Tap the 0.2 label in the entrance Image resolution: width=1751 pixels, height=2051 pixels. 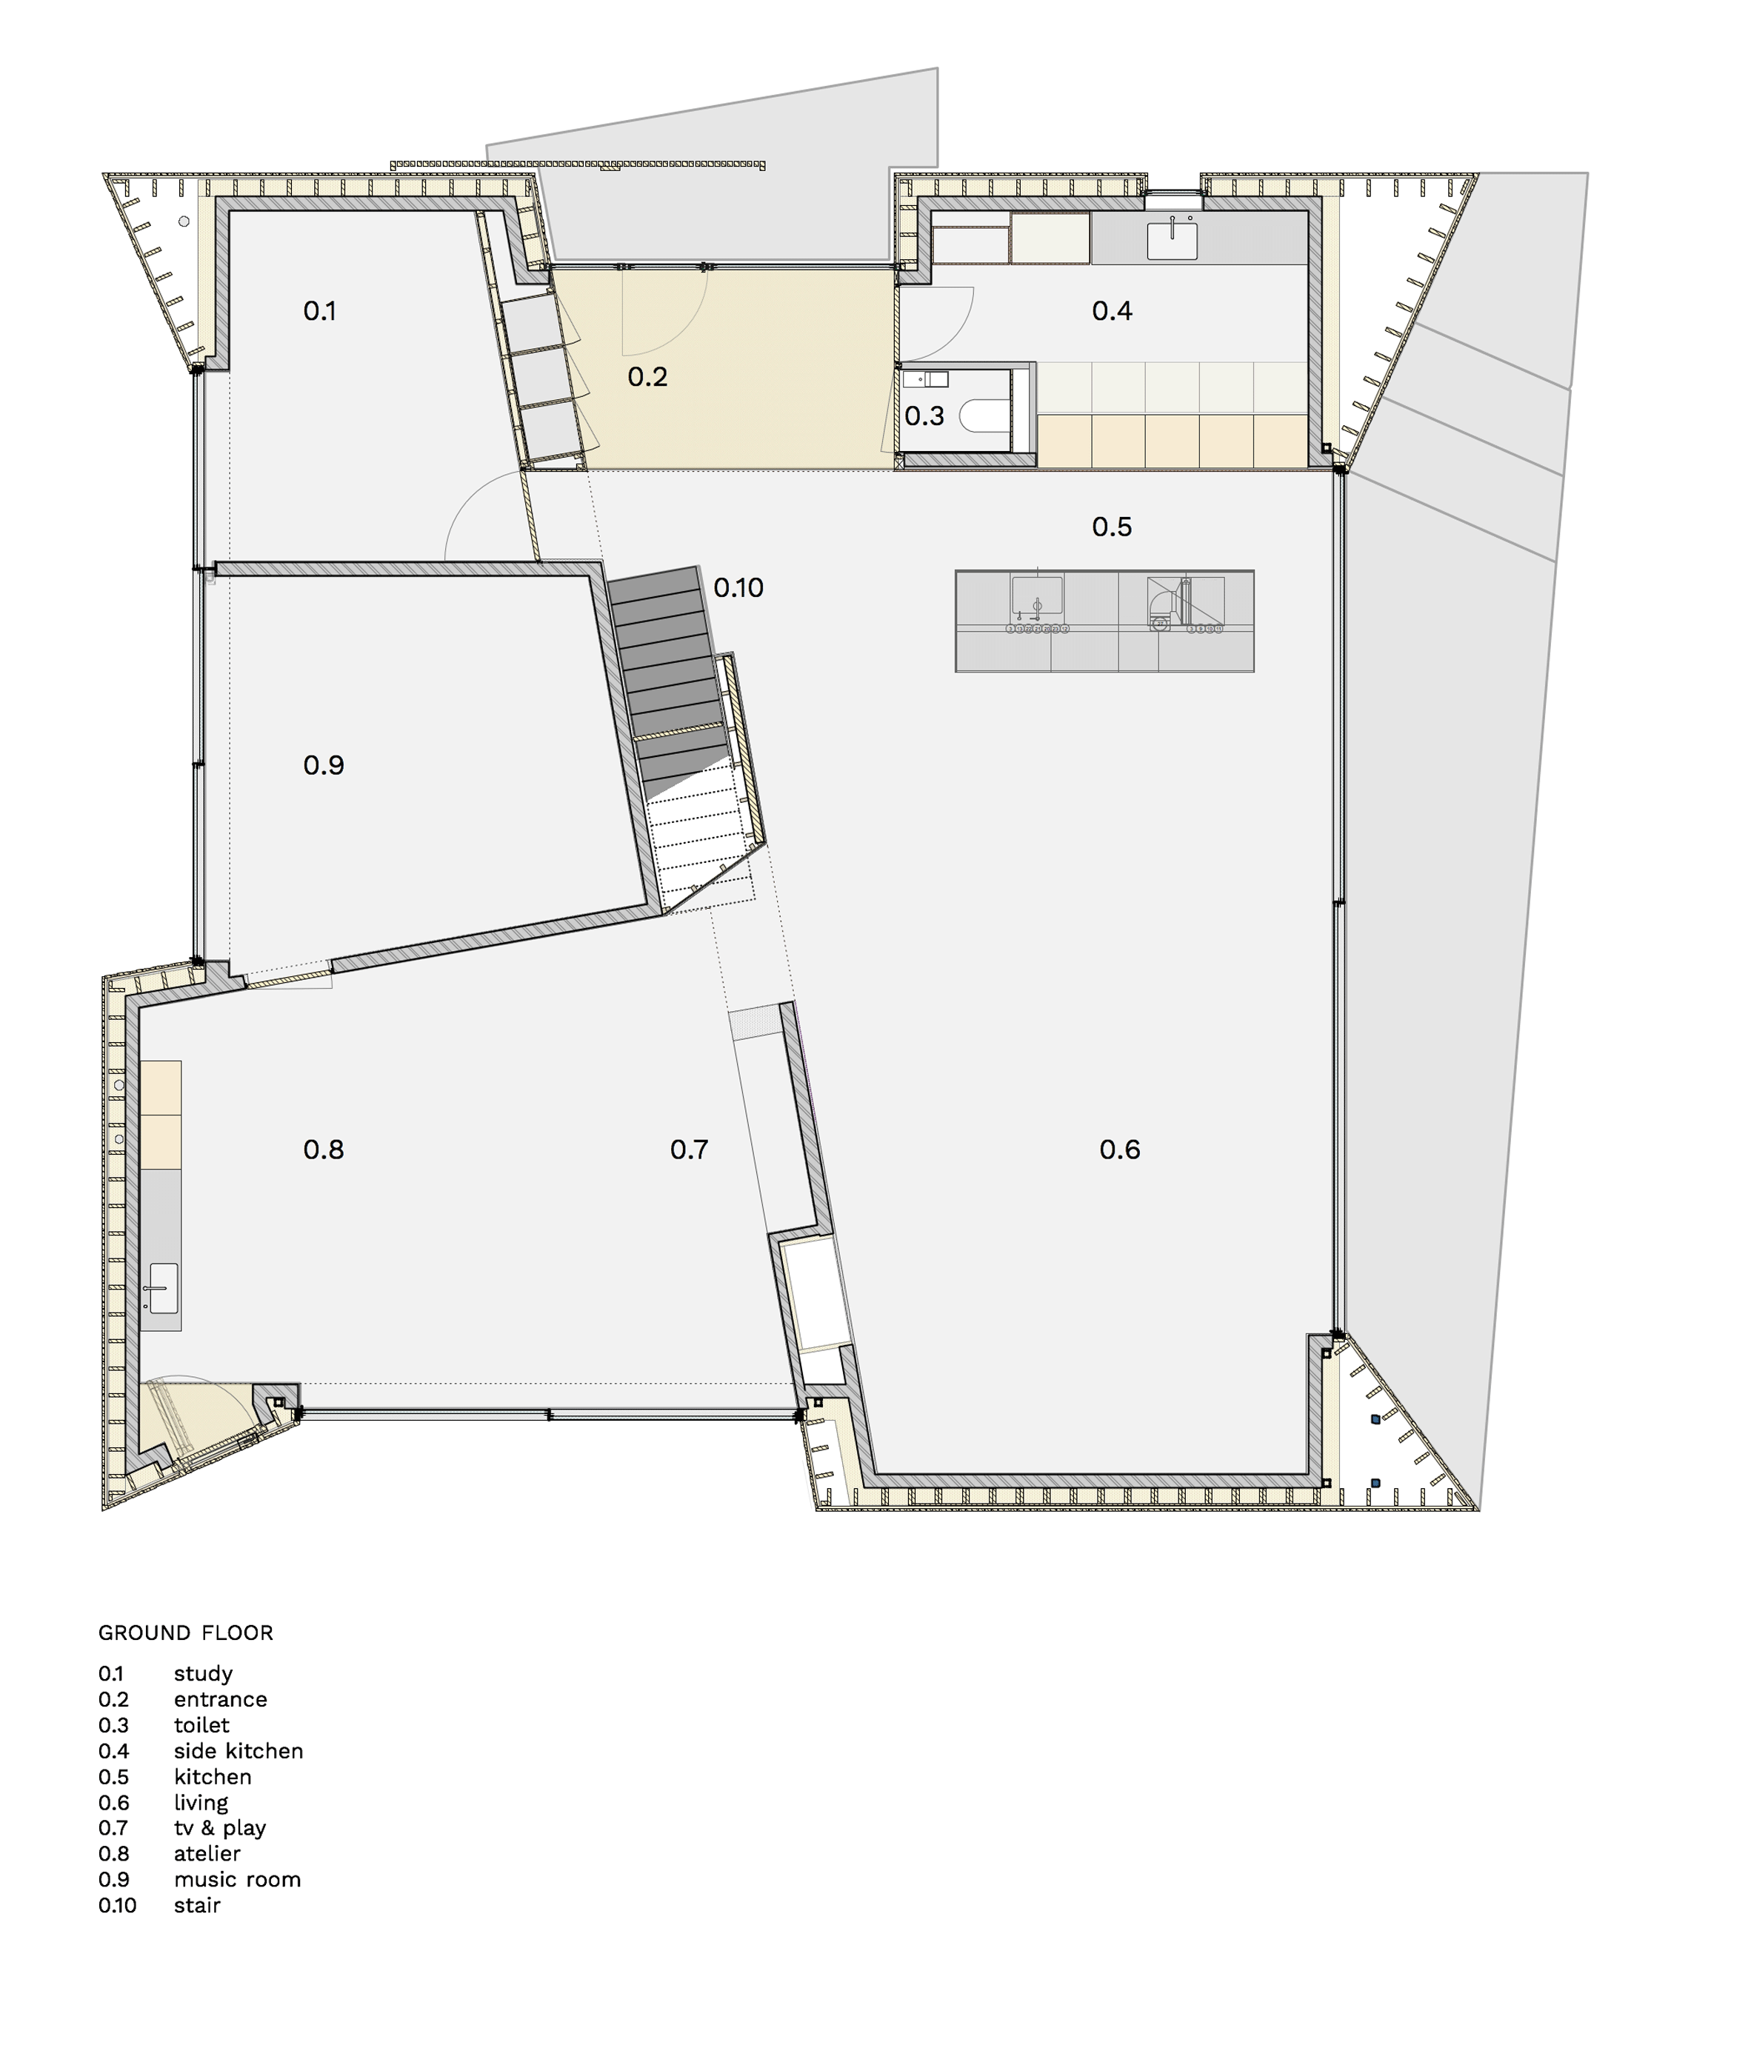(x=647, y=376)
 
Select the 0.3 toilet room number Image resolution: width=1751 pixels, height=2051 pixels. (x=924, y=416)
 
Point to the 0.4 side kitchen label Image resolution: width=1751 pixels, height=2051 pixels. (x=1112, y=311)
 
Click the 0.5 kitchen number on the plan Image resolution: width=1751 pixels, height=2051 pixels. (x=1112, y=527)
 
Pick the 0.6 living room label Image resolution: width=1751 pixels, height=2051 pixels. (x=1119, y=1150)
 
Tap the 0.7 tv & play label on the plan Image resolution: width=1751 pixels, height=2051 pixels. (x=689, y=1150)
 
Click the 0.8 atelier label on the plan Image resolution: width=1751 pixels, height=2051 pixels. (x=324, y=1150)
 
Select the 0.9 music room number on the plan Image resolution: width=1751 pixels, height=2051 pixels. (x=324, y=765)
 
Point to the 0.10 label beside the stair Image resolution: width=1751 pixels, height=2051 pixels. (x=738, y=588)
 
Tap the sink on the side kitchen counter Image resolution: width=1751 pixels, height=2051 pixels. (x=1172, y=241)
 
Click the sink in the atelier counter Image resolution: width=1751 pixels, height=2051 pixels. (x=163, y=1288)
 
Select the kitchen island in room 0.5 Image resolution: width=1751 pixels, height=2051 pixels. (x=1104, y=621)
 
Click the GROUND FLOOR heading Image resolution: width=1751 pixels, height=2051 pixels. (x=186, y=1633)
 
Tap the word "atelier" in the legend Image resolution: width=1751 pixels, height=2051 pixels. (x=207, y=1854)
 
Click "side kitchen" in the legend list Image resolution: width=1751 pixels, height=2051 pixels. (x=239, y=1751)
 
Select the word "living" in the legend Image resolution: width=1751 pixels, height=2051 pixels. (x=201, y=1804)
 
